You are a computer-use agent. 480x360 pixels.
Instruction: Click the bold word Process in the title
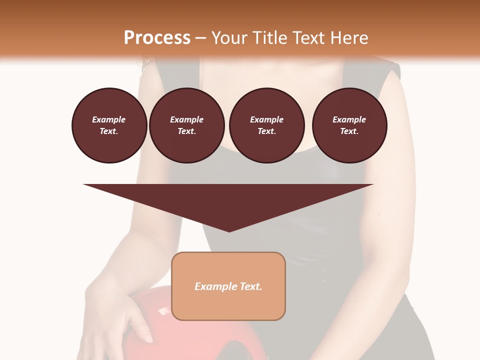point(157,37)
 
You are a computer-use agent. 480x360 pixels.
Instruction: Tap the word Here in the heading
point(350,37)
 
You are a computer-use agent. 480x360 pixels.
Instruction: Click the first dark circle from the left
point(109,125)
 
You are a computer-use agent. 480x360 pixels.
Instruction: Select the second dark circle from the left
point(186,125)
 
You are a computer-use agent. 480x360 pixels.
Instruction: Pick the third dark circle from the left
point(266,125)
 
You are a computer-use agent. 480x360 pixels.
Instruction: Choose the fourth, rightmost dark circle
point(349,125)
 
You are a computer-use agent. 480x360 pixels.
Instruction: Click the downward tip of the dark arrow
point(229,230)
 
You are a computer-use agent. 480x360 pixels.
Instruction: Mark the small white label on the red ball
point(163,311)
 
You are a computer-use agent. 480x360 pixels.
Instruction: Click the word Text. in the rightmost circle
point(349,131)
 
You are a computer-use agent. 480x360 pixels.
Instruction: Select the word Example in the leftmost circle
point(109,119)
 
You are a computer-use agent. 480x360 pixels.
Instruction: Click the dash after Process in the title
point(201,37)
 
